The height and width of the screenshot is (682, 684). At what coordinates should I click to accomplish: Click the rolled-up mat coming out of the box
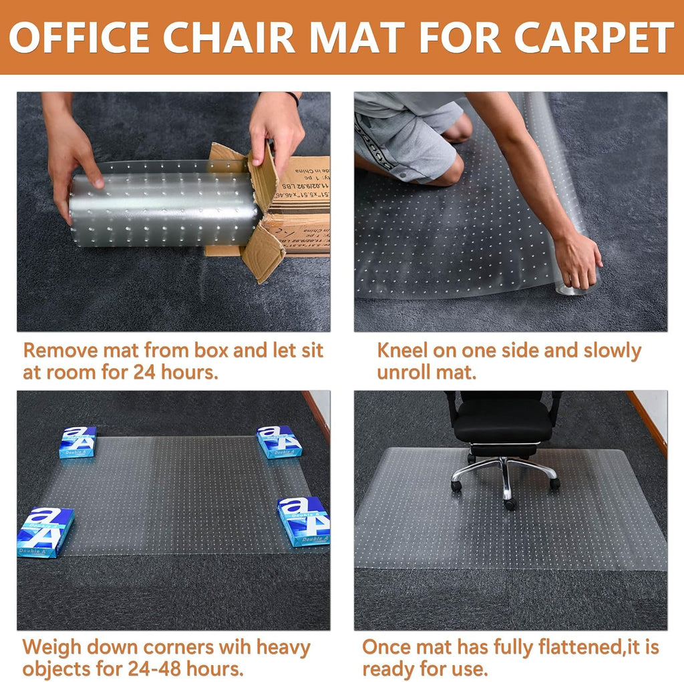[164, 209]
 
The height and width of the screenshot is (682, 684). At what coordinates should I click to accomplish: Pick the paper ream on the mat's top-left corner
[77, 442]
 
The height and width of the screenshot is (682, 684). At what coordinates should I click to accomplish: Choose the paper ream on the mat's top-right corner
[279, 442]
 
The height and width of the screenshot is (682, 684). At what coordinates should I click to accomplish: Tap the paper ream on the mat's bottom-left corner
[45, 532]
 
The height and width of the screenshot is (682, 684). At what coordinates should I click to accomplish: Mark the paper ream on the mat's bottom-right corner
[304, 520]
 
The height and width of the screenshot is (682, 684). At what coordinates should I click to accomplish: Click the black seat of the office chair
[504, 420]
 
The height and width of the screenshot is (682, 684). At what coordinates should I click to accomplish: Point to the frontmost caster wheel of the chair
[511, 504]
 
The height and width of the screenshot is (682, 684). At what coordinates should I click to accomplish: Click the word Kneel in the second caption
[402, 350]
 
